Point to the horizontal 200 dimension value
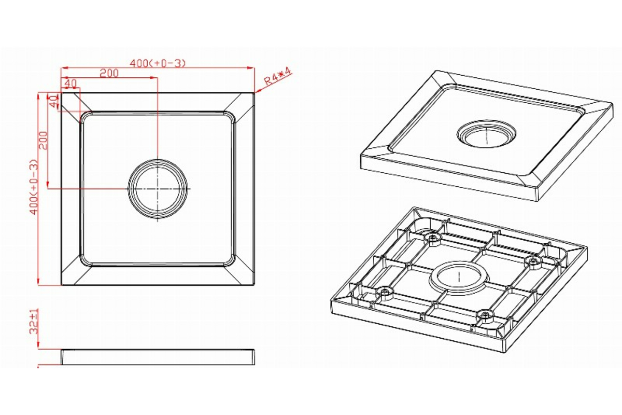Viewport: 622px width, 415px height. [x=109, y=73]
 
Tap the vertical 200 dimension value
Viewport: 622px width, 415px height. [x=44, y=140]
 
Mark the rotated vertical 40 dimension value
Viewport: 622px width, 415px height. [x=52, y=101]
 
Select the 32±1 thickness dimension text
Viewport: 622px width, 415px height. [x=34, y=322]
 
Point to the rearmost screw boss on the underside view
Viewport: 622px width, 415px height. [x=432, y=238]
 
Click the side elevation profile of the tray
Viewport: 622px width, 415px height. [x=158, y=357]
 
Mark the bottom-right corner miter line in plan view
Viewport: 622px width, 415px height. [x=243, y=273]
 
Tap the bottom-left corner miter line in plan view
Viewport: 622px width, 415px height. [x=72, y=273]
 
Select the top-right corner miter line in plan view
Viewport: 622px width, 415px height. [x=243, y=104]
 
